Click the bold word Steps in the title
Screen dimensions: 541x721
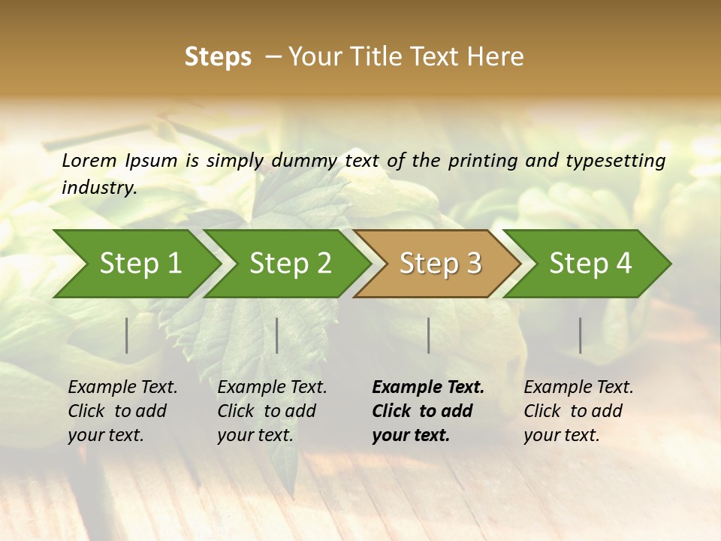click(x=218, y=57)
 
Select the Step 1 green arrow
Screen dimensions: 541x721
click(x=135, y=264)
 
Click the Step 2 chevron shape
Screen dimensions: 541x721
click(x=289, y=264)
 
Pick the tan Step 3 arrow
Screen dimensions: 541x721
click(x=439, y=264)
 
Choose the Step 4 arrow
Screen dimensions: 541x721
click(x=590, y=264)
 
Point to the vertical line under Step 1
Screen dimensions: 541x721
click(x=127, y=335)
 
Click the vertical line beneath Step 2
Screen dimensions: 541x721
click(x=277, y=335)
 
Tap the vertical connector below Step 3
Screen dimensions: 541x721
click(x=428, y=335)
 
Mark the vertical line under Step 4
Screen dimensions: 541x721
click(x=580, y=335)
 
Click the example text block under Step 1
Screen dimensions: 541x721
click(x=122, y=411)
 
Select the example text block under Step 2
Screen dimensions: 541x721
click(x=272, y=411)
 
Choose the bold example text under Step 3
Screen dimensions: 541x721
click(x=428, y=411)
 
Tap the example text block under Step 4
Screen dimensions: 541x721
click(x=578, y=411)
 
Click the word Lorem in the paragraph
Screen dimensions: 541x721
click(x=89, y=161)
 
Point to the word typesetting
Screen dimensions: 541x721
click(x=621, y=161)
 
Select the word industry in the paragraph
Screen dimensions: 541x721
click(x=98, y=187)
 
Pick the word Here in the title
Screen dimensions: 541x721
click(x=499, y=57)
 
